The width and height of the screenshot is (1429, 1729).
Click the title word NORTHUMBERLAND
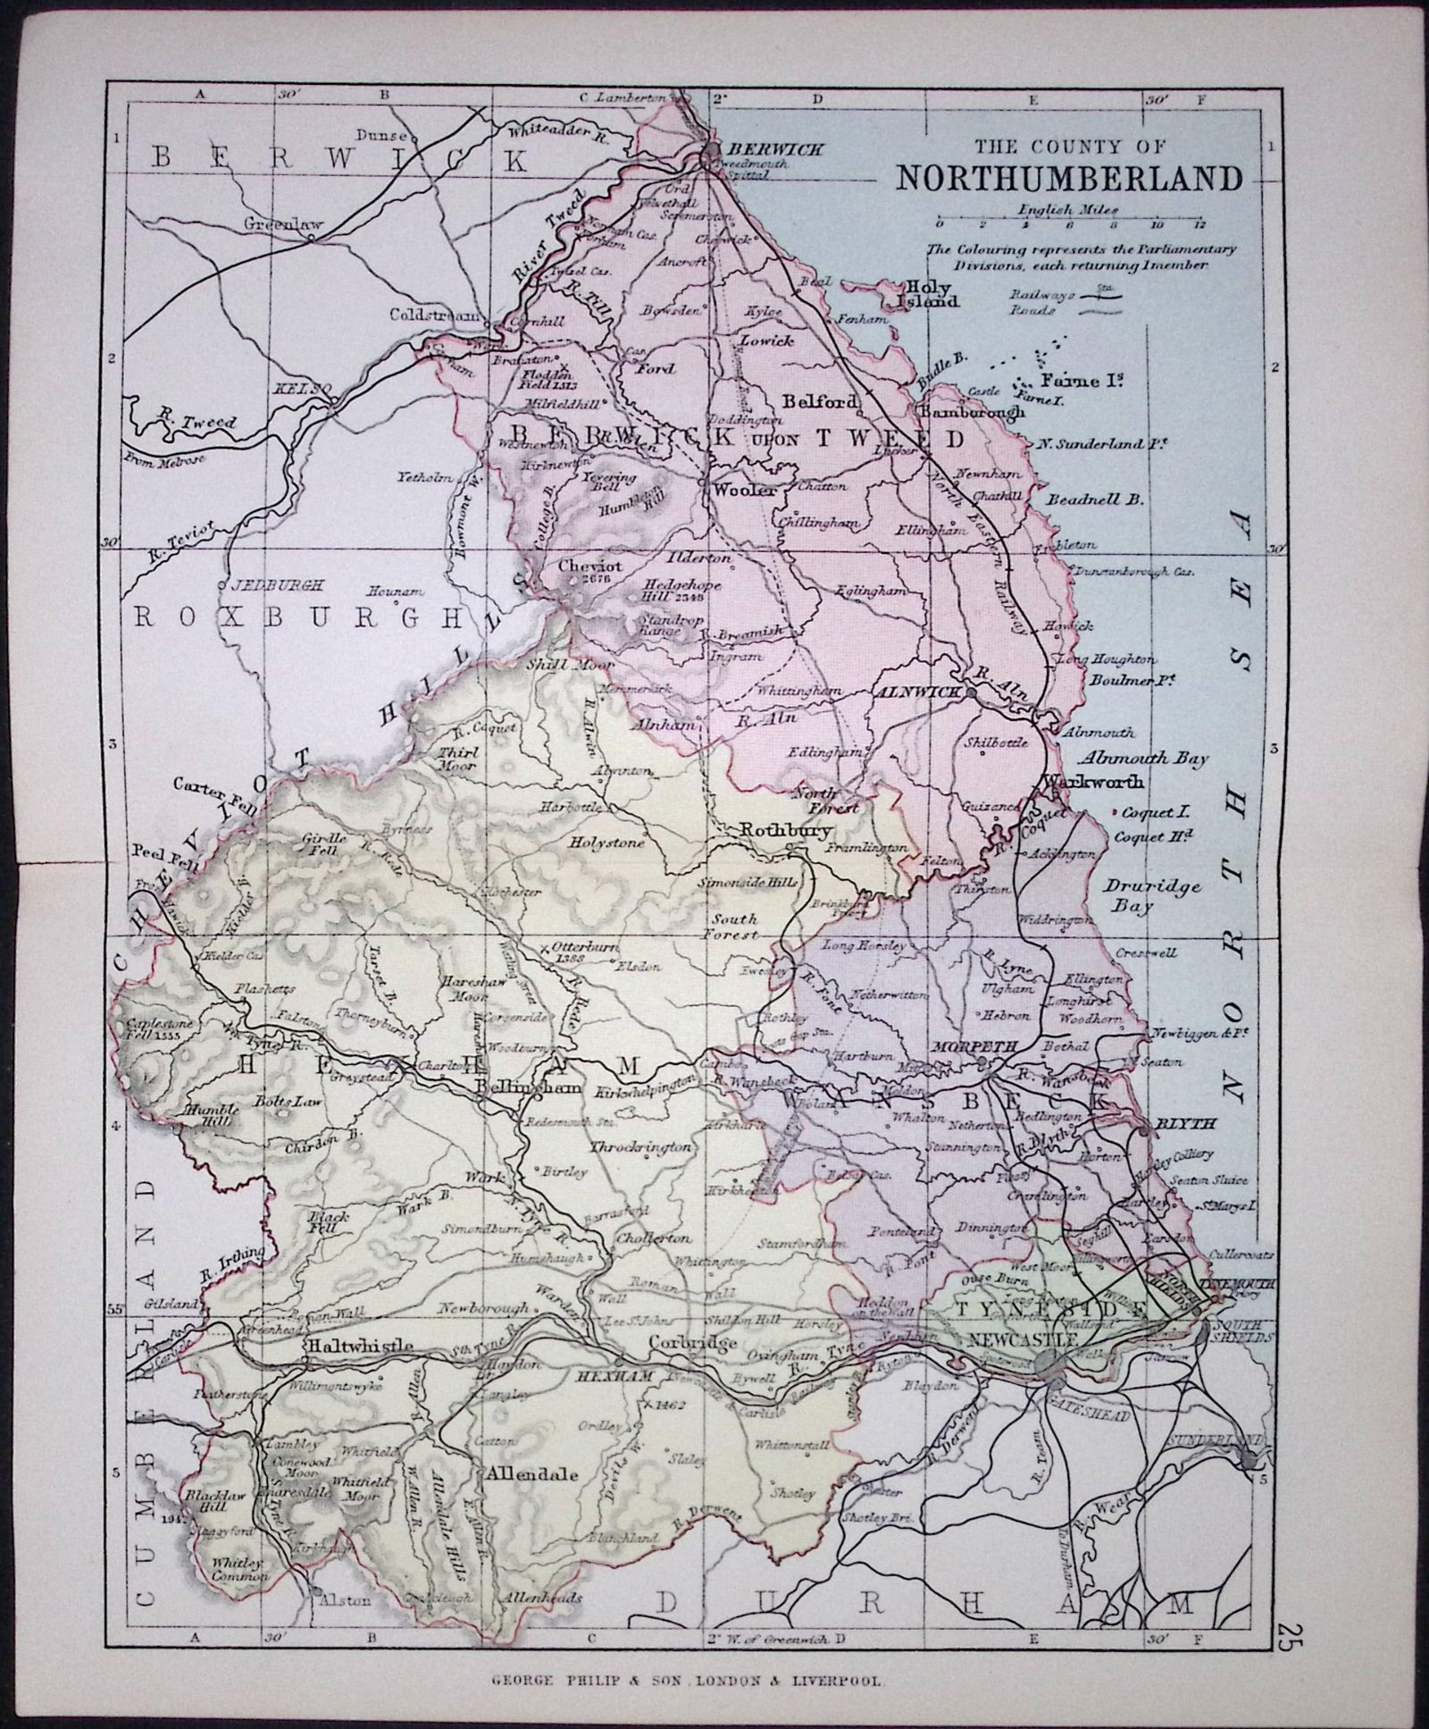[1069, 178]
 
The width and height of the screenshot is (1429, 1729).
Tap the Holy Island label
[932, 294]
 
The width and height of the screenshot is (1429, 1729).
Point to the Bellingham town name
[531, 1087]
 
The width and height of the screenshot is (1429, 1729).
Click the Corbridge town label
[681, 1342]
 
